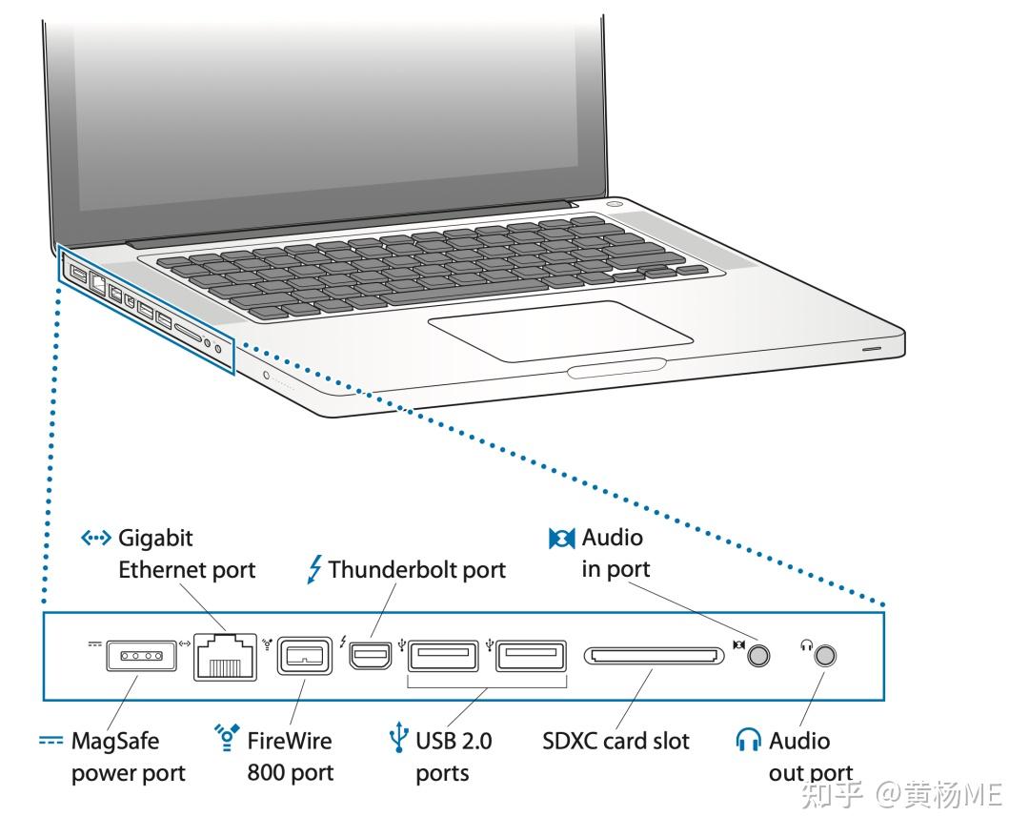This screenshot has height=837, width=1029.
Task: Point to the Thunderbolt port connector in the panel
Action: click(x=367, y=657)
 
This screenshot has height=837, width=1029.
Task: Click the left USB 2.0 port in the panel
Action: click(x=445, y=656)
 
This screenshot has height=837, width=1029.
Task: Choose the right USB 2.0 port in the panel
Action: click(x=531, y=656)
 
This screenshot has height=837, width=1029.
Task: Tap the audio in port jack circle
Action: click(x=758, y=656)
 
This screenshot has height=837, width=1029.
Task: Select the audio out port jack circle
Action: click(x=826, y=656)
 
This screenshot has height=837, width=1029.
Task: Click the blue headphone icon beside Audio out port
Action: click(x=749, y=741)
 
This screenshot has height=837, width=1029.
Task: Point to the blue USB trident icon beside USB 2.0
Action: click(x=399, y=741)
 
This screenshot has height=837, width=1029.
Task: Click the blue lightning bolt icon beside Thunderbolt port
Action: click(x=314, y=570)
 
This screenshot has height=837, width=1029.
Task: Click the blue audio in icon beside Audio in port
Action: click(x=562, y=539)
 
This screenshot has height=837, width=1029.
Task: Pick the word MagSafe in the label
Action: click(x=115, y=741)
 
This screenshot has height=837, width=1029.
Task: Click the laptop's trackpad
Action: click(x=560, y=331)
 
